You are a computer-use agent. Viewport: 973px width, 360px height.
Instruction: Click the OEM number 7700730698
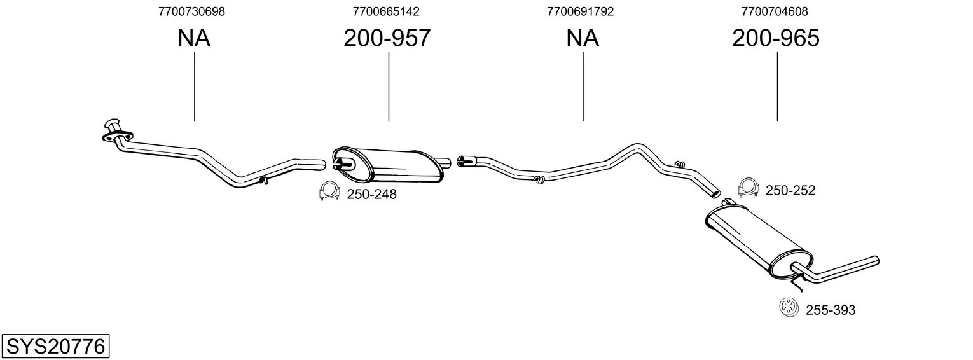(191, 11)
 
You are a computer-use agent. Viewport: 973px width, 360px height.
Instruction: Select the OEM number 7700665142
(386, 11)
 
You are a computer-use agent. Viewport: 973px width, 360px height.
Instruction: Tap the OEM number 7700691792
(581, 11)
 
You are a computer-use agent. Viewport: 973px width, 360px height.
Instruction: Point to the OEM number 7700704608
(775, 11)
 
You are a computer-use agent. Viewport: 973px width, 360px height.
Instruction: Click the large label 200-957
(387, 38)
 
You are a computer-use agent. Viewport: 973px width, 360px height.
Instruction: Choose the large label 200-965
(776, 38)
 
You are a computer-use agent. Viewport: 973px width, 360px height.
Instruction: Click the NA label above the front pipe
(194, 38)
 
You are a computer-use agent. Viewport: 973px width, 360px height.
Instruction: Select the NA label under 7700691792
(583, 38)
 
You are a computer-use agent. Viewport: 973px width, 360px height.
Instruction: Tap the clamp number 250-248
(371, 194)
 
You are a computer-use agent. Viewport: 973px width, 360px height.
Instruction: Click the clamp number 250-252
(790, 190)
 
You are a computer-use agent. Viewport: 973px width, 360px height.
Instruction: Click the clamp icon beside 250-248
(329, 191)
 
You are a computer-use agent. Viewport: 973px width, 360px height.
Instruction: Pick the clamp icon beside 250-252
(748, 188)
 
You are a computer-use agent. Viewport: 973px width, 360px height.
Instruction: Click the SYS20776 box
(55, 347)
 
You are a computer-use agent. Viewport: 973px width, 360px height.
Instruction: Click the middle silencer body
(388, 165)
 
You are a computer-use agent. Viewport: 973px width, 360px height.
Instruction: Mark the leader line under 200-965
(776, 87)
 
